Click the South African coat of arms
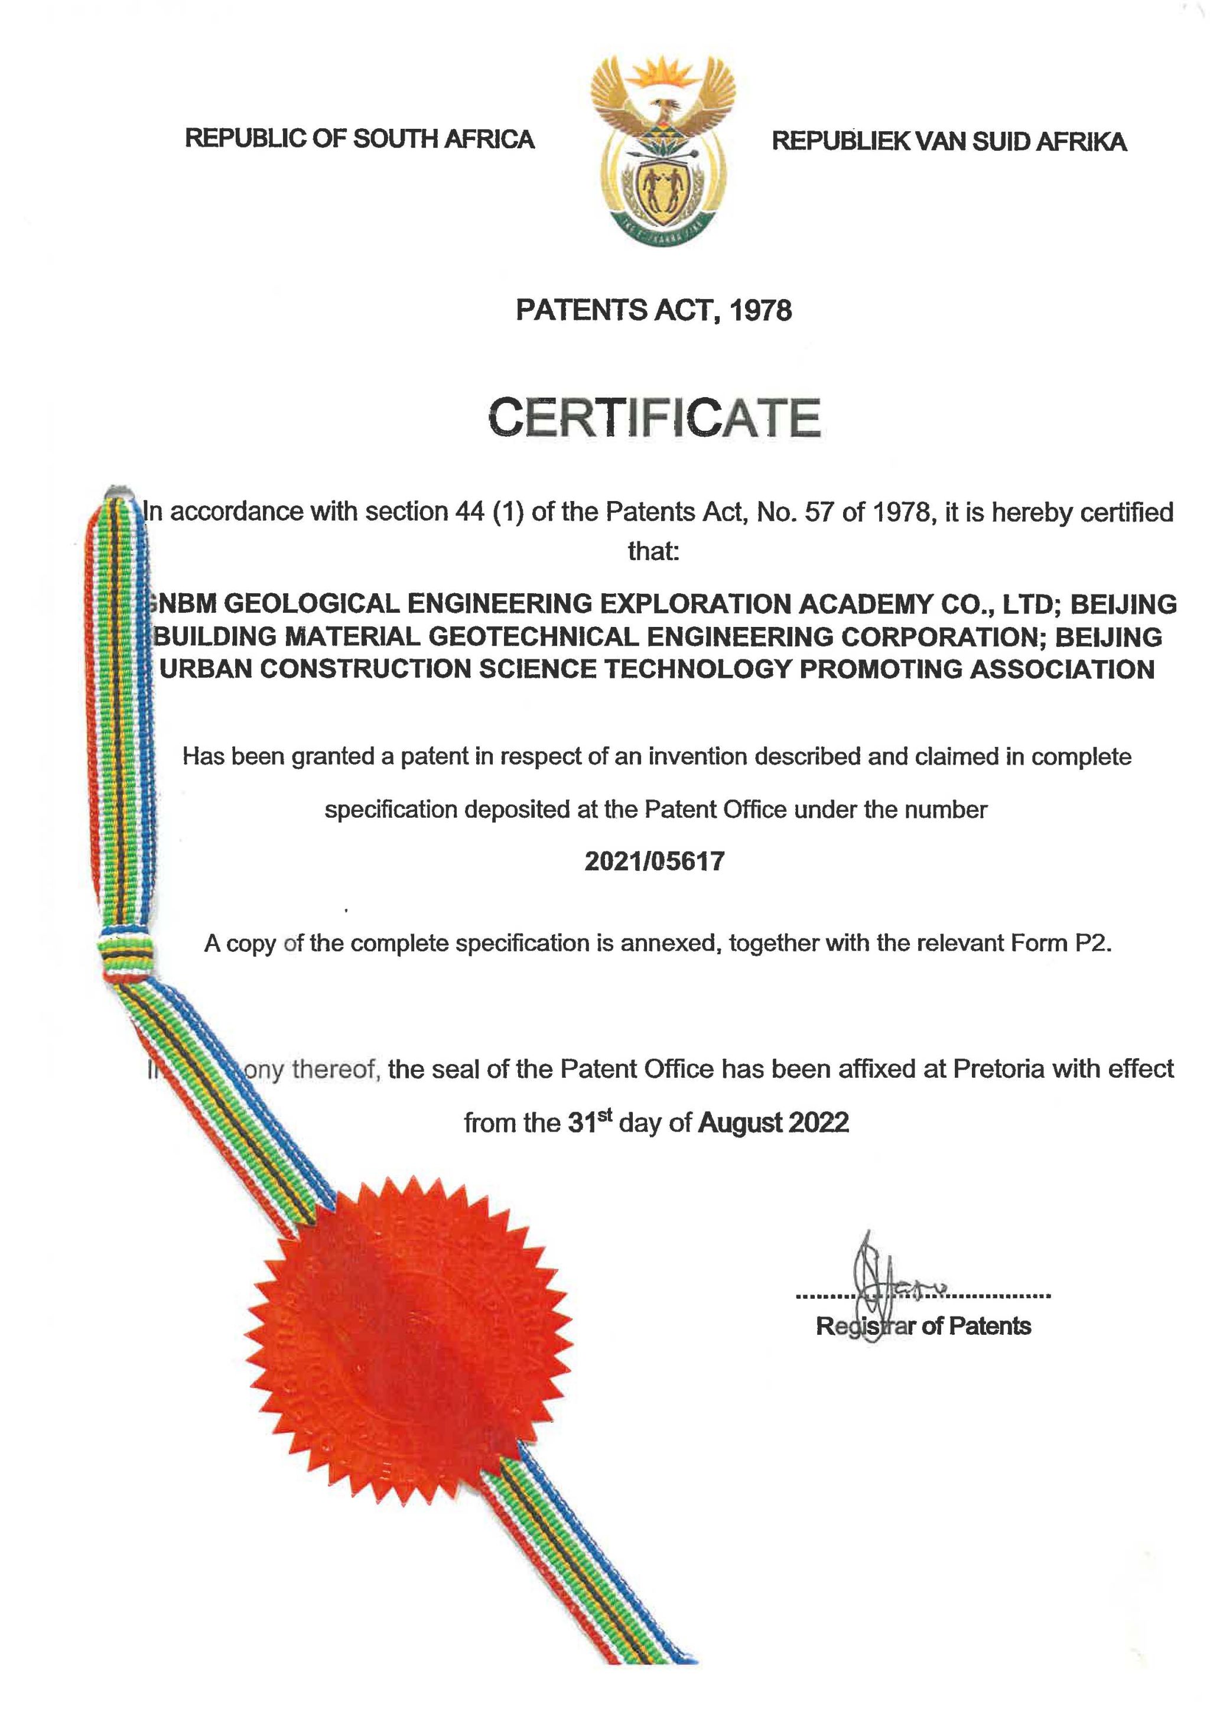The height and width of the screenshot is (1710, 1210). (662, 149)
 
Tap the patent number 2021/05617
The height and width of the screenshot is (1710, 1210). (653, 861)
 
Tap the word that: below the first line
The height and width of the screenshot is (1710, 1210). (653, 551)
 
